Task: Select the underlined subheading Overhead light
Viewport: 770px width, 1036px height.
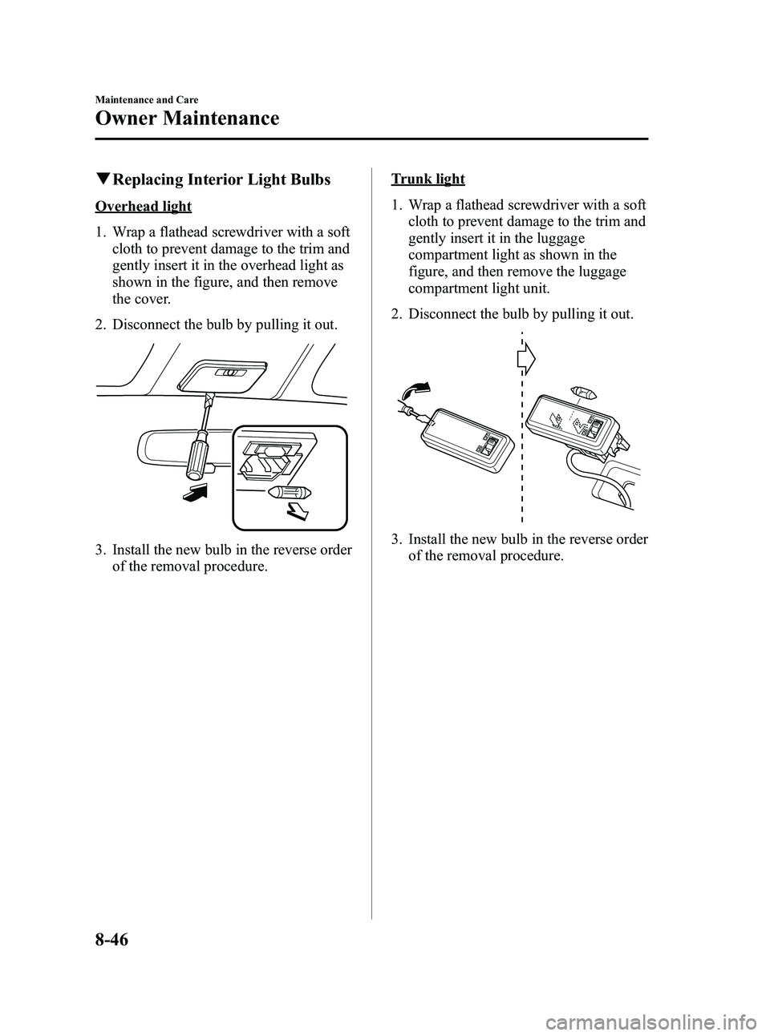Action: click(x=144, y=207)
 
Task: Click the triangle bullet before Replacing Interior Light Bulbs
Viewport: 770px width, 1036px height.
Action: click(x=100, y=179)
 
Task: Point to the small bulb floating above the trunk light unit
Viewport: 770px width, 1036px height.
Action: click(x=582, y=393)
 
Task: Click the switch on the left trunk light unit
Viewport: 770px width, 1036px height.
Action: click(x=488, y=444)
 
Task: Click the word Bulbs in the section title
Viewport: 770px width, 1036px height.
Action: click(x=308, y=179)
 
